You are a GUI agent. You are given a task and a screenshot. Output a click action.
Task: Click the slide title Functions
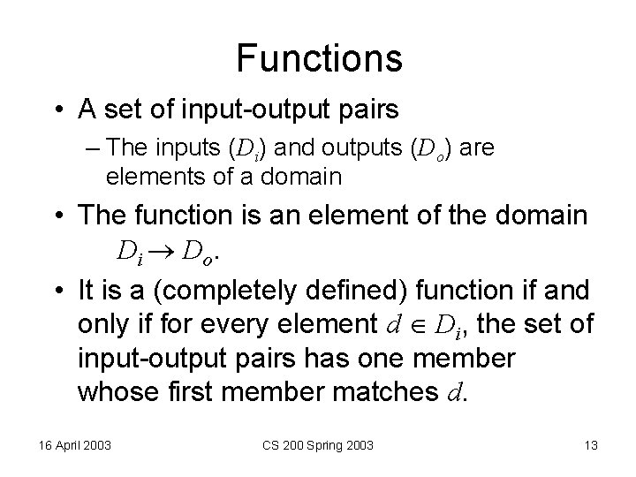point(319,59)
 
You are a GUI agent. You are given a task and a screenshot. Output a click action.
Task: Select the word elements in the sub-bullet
point(143,176)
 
